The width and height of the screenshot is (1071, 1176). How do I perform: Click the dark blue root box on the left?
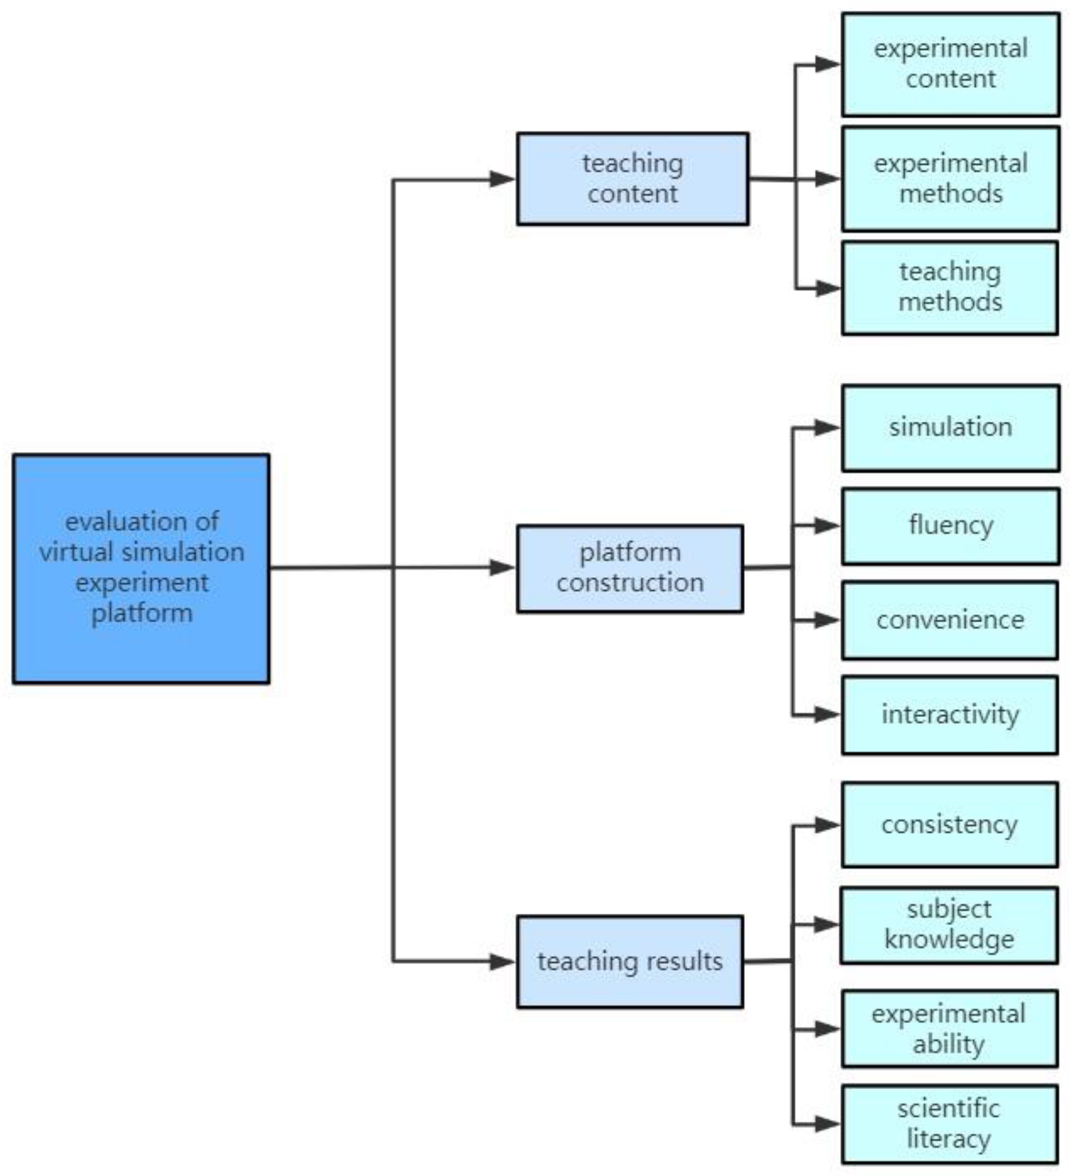pyautogui.click(x=141, y=568)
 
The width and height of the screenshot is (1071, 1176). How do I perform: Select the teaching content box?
pyautogui.click(x=632, y=178)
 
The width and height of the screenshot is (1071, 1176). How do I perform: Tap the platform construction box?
pyautogui.click(x=629, y=568)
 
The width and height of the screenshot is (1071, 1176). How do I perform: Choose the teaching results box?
pyautogui.click(x=629, y=961)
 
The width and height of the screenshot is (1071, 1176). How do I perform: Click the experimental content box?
pyautogui.click(x=950, y=64)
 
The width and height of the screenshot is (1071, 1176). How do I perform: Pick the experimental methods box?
pyautogui.click(x=950, y=178)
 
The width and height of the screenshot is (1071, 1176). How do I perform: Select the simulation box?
pyautogui.click(x=950, y=427)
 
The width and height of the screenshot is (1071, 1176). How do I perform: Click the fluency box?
pyautogui.click(x=950, y=526)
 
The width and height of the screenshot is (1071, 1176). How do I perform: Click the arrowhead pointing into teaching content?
pyautogui.click(x=502, y=179)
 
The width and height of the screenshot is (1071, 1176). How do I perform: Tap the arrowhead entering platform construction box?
pyautogui.click(x=502, y=567)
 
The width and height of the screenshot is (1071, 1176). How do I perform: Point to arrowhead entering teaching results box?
pyautogui.click(x=502, y=961)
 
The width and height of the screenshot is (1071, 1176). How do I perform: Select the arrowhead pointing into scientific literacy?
pyautogui.click(x=827, y=1123)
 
